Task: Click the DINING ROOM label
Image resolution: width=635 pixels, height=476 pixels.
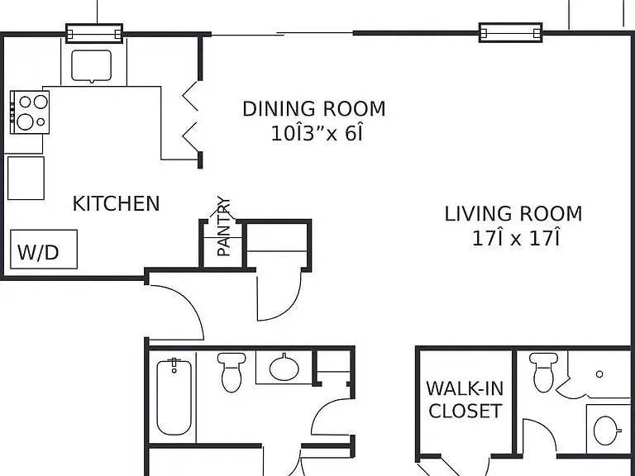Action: (314, 109)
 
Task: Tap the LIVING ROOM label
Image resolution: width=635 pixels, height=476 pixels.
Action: (513, 214)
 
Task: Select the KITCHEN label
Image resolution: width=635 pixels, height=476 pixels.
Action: (117, 203)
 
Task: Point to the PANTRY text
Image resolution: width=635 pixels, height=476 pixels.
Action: (223, 226)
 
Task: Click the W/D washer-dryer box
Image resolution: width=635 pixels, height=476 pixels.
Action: (44, 250)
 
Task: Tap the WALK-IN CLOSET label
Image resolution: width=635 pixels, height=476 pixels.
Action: (465, 400)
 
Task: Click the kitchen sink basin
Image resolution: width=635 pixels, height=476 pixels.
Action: (92, 65)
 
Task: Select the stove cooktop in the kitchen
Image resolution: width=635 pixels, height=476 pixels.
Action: (30, 112)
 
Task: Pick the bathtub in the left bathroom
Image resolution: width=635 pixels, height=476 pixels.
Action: (174, 397)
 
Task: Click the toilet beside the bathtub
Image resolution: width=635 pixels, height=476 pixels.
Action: (232, 372)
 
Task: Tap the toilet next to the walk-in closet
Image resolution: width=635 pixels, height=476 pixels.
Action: (543, 372)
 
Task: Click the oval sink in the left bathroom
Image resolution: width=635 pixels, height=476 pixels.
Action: (284, 368)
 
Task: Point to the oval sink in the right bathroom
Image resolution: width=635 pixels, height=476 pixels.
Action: (607, 431)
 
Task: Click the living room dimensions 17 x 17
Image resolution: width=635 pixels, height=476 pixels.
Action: (516, 238)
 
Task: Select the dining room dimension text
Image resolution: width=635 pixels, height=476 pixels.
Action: (317, 133)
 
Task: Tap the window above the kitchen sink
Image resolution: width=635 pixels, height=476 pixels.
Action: (94, 33)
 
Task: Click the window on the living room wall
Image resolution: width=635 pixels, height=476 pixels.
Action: (511, 32)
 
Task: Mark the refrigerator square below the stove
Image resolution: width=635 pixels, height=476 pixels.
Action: (26, 178)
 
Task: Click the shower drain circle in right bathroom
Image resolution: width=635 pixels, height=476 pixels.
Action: (599, 374)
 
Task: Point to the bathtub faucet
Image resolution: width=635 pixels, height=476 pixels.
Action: (174, 364)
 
